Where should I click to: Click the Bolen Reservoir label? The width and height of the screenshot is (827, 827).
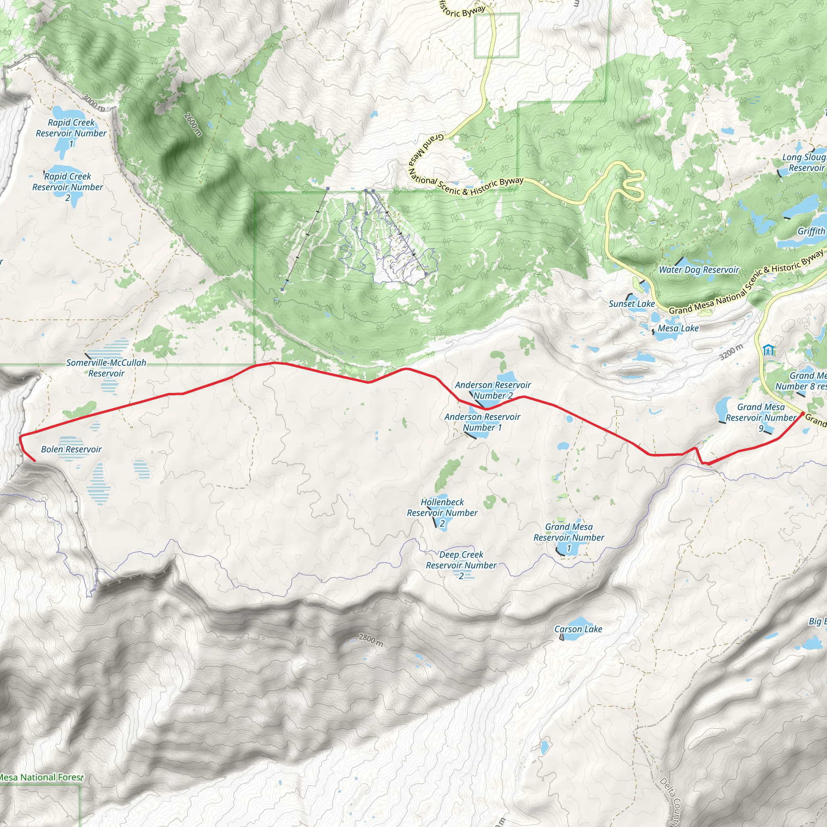click(71, 449)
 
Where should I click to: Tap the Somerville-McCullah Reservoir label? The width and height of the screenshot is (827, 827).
click(106, 368)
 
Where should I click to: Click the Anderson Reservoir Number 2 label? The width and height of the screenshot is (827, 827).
click(493, 390)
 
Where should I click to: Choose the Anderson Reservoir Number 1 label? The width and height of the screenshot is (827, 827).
click(483, 422)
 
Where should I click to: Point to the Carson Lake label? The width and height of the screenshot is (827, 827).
click(578, 629)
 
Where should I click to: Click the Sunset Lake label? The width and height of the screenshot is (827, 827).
click(632, 304)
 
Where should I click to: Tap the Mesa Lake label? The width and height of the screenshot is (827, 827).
click(678, 328)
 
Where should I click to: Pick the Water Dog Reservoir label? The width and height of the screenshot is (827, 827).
click(699, 270)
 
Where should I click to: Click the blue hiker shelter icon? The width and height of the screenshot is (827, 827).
click(768, 350)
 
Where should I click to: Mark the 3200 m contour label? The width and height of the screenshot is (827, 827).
click(731, 352)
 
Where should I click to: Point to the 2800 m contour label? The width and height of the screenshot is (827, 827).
click(371, 640)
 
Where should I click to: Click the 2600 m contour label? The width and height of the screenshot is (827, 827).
click(193, 124)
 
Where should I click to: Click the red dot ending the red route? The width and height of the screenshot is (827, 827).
click(803, 413)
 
